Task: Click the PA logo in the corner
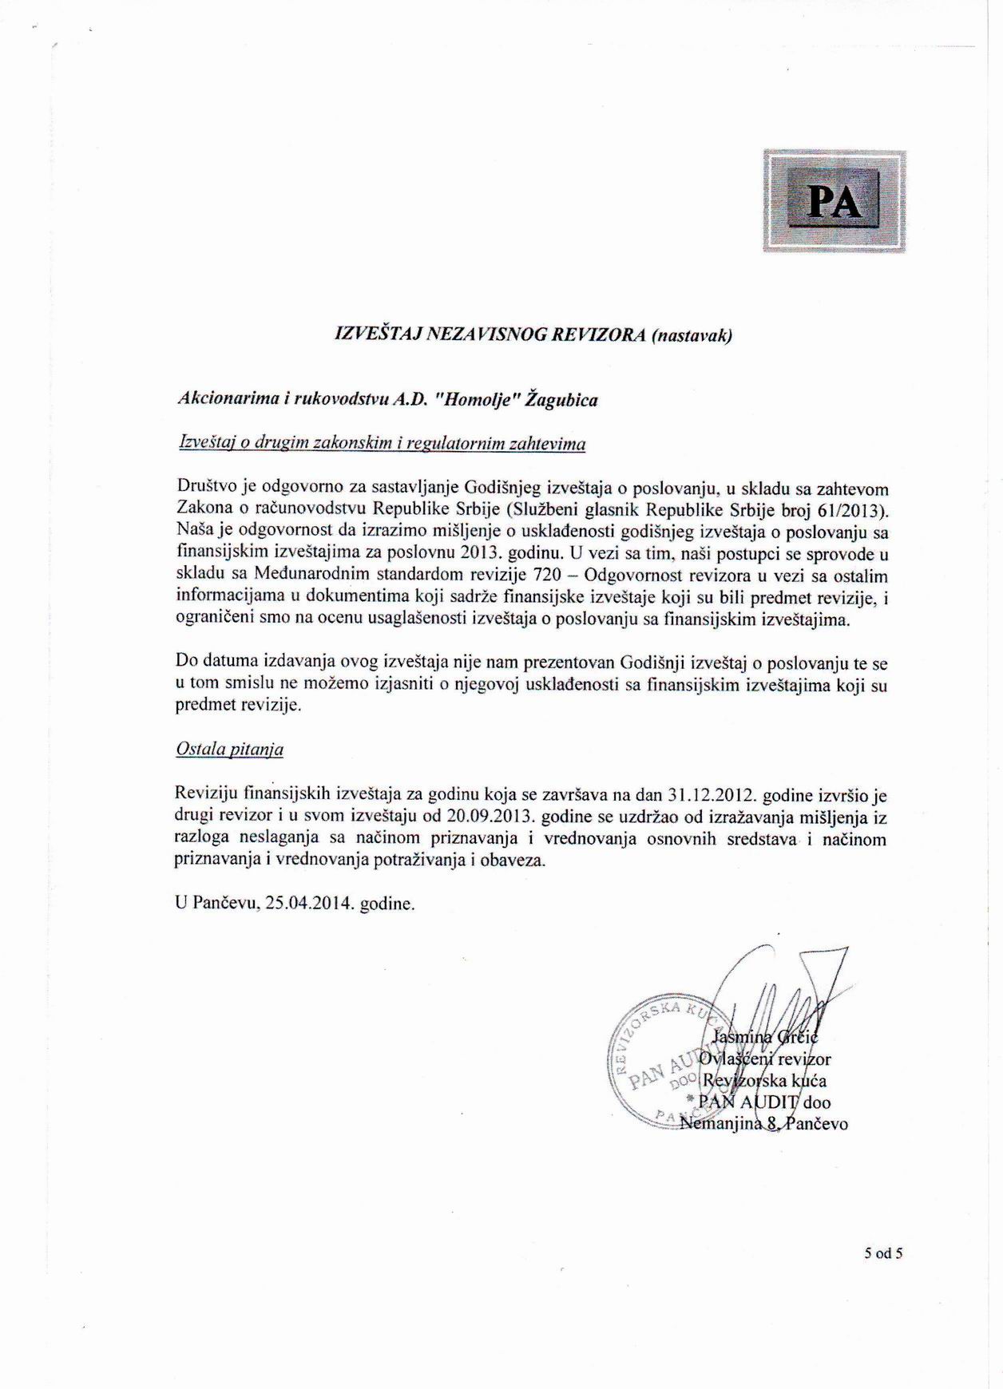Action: coord(835,201)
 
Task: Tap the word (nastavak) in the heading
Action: coord(692,335)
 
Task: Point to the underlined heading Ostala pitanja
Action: coord(229,750)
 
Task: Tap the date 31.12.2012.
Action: coord(711,796)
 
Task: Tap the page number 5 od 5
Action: coord(882,1253)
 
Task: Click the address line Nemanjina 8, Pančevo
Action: coord(763,1124)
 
